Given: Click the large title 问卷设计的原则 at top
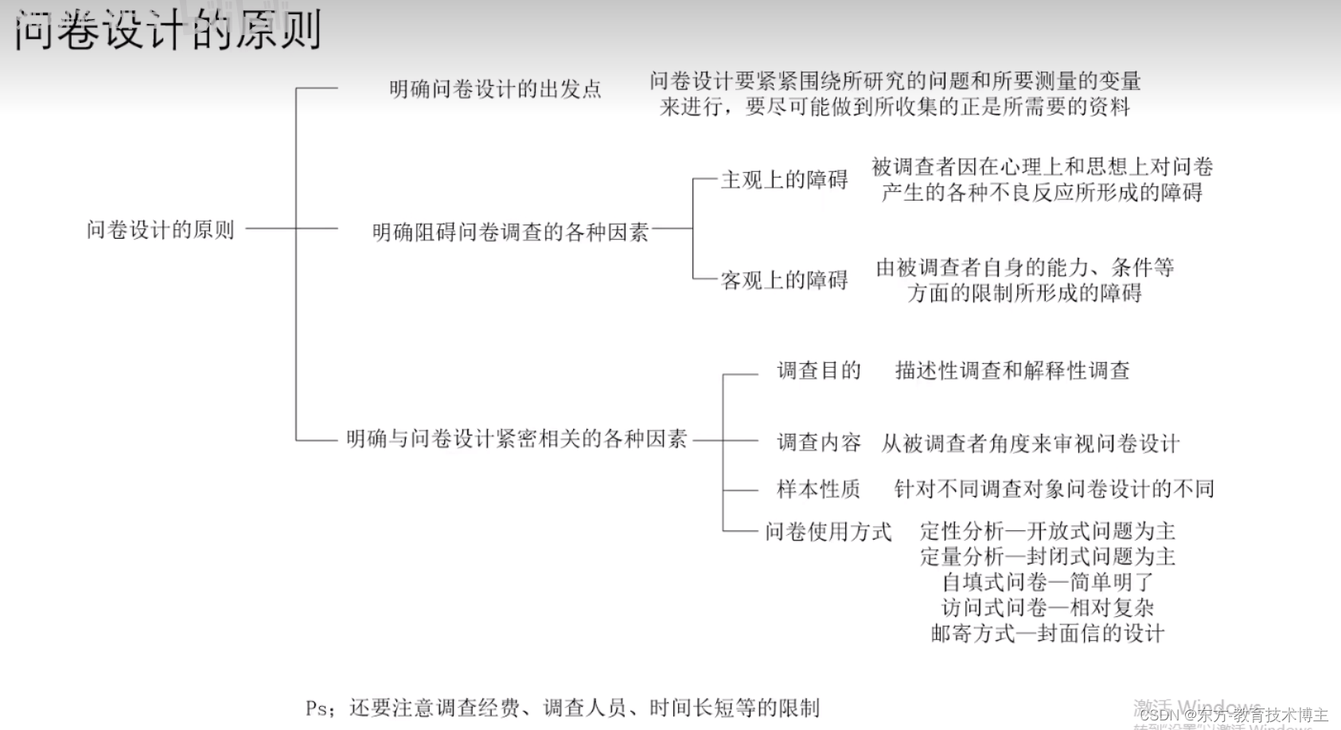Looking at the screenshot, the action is (167, 30).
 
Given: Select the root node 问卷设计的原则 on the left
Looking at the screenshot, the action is (161, 230).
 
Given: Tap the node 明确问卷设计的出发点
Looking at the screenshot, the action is (495, 89).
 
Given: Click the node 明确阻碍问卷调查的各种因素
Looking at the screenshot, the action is (510, 232).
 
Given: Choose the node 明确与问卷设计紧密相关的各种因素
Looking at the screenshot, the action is (517, 439).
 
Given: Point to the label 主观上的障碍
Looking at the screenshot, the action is (784, 180).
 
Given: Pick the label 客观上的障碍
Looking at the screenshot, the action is (784, 280).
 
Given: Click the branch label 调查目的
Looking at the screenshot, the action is (819, 370).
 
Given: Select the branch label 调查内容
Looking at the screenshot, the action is (819, 443).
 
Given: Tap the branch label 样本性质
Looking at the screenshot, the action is (819, 489).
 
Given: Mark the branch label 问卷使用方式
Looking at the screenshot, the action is (828, 532).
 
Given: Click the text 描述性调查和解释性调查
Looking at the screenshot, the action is (1012, 370).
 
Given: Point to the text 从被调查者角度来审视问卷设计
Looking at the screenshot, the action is (1030, 443).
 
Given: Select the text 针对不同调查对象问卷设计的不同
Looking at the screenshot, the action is (1054, 489).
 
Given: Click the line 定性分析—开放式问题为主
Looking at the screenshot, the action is (1047, 531).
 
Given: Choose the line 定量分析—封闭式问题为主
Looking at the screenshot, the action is (1047, 556).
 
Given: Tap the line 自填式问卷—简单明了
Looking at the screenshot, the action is (1047, 582).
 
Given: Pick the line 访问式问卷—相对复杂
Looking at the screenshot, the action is (1047, 608).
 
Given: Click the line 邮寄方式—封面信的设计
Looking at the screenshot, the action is (1047, 634).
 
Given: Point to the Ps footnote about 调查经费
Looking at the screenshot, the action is (562, 708).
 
